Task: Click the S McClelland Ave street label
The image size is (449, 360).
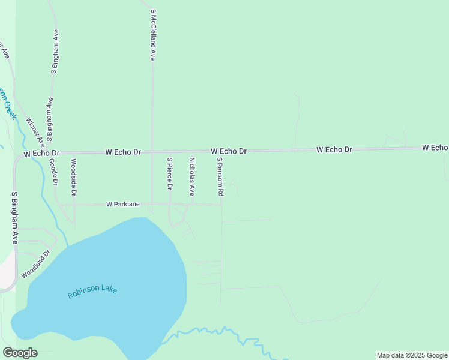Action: pyautogui.click(x=154, y=35)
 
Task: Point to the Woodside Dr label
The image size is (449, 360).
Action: pyautogui.click(x=74, y=177)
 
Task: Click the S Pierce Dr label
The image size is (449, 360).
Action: pyautogui.click(x=170, y=174)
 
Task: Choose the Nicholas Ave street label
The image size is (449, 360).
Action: pyautogui.click(x=192, y=177)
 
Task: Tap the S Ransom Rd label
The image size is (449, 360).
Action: pyautogui.click(x=220, y=177)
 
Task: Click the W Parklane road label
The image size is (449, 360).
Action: pyautogui.click(x=123, y=204)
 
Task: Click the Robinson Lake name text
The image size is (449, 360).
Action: pyautogui.click(x=92, y=292)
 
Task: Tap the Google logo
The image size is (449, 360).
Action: pyautogui.click(x=20, y=353)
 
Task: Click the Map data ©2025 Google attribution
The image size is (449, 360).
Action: pyautogui.click(x=412, y=355)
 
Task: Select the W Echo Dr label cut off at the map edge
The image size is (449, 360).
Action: pyautogui.click(x=435, y=147)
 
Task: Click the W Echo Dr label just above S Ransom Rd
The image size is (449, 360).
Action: pyautogui.click(x=229, y=151)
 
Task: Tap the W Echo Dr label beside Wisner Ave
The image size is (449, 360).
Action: pyautogui.click(x=42, y=154)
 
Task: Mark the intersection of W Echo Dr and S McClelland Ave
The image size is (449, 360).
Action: pyautogui.click(x=152, y=152)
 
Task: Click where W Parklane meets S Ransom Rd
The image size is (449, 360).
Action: pyautogui.click(x=221, y=205)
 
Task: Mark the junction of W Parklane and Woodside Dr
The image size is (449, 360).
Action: pyautogui.click(x=74, y=205)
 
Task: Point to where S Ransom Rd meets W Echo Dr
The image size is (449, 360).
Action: pyautogui.click(x=220, y=151)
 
